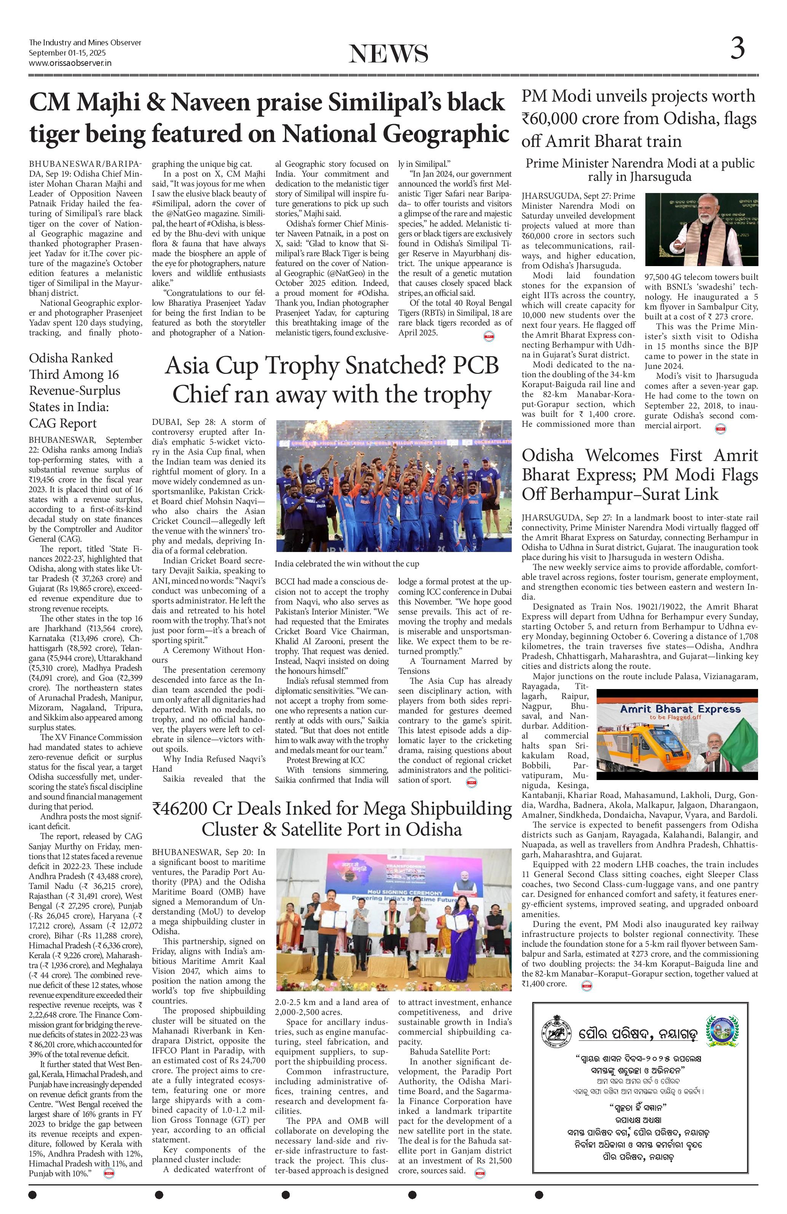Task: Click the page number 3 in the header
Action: point(737,49)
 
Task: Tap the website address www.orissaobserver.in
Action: point(70,63)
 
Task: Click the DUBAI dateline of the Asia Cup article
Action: point(171,422)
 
